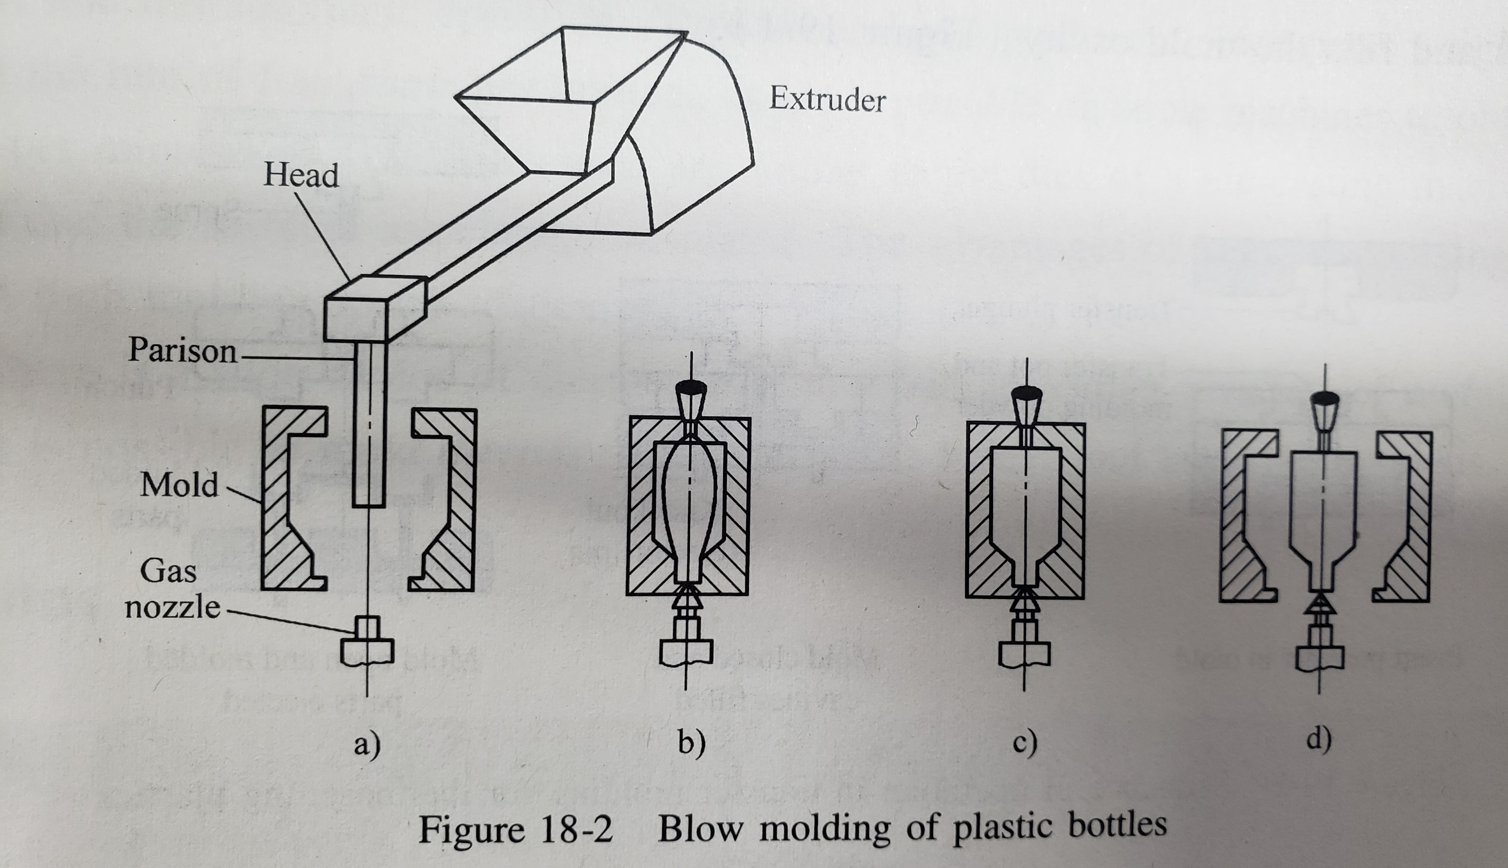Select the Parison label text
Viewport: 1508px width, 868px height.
(x=182, y=350)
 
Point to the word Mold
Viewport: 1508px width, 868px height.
(x=179, y=485)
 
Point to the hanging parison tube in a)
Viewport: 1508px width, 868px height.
(x=370, y=429)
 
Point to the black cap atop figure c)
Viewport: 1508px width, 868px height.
(x=1027, y=393)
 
